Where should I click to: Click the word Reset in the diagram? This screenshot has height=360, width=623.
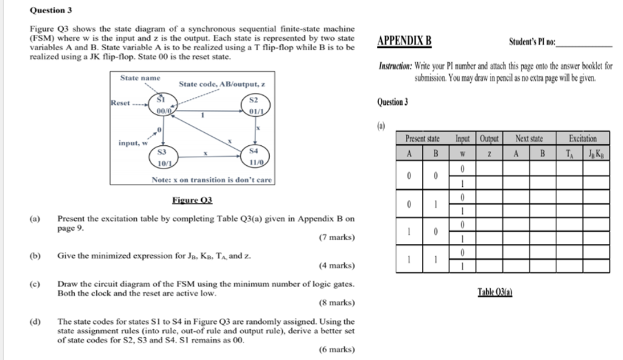[120, 103]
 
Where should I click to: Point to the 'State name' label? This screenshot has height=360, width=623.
[140, 77]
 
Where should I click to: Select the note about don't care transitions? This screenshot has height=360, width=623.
[211, 180]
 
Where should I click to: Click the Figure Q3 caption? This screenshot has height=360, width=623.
[192, 200]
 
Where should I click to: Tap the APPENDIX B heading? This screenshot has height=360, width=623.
[405, 42]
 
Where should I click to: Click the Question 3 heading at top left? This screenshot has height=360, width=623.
[51, 10]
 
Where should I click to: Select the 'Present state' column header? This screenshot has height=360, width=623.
[422, 138]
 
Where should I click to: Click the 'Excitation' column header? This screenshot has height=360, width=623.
[583, 138]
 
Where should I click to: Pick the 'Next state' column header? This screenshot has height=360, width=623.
[529, 138]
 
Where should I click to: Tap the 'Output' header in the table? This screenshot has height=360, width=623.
[488, 138]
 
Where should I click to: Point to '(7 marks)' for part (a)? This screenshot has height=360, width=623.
[336, 238]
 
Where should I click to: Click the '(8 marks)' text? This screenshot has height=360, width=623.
[336, 302]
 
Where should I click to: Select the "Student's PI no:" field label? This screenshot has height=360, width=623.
[533, 42]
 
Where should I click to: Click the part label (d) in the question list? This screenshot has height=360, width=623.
[35, 321]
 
